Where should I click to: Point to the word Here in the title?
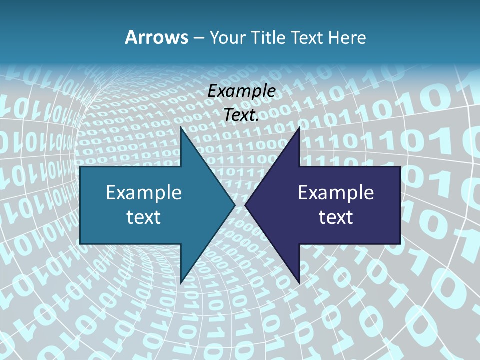click(348, 37)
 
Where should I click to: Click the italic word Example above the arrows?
click(242, 91)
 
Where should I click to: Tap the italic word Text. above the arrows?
click(242, 115)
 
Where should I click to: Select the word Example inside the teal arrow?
click(144, 192)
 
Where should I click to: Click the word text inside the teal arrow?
click(144, 217)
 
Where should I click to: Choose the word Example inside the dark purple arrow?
click(336, 192)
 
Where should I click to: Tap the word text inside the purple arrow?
click(336, 217)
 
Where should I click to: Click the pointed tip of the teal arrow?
click(234, 205)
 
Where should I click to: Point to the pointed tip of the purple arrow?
click(245, 205)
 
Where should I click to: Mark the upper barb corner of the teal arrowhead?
click(181, 128)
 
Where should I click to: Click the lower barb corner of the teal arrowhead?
click(181, 282)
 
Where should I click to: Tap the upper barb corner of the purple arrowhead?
click(299, 128)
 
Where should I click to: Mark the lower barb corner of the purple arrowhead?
click(299, 282)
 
